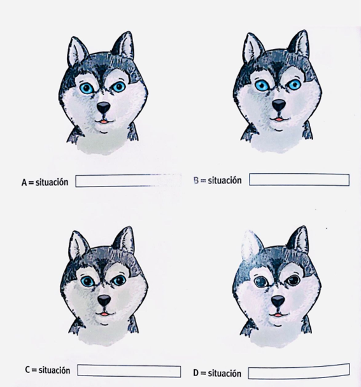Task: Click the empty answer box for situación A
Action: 128,181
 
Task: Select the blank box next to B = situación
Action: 299,179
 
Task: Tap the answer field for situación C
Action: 129,370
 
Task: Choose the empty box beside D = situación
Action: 299,370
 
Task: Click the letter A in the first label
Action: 24,183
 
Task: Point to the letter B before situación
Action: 196,180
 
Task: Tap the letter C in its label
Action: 27,370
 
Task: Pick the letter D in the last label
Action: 196,373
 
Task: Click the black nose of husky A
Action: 103,108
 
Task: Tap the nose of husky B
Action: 279,105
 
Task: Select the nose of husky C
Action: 104,300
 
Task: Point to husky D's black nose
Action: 278,301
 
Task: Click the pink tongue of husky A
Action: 104,122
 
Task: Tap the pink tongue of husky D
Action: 278,314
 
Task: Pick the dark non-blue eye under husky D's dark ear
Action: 294,280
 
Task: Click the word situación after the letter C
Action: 54,370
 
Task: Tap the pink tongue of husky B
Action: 279,120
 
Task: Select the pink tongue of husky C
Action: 104,314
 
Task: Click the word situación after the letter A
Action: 52,182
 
